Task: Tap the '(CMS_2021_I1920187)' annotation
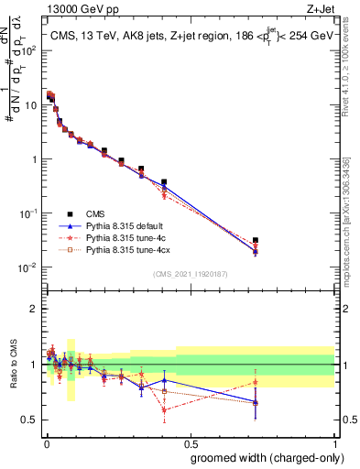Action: tap(191, 274)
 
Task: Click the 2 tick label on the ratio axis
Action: tap(35, 309)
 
